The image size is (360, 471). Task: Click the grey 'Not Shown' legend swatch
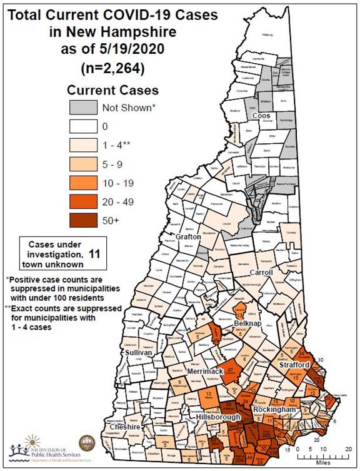click(x=83, y=107)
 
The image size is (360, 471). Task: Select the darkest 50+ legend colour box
click(x=83, y=220)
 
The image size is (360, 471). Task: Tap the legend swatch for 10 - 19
click(x=83, y=182)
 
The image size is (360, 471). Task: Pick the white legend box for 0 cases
click(x=83, y=126)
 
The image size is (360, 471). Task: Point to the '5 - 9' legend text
click(x=113, y=163)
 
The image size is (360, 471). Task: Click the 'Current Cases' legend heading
click(x=112, y=90)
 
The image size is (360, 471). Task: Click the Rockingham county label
click(x=274, y=409)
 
